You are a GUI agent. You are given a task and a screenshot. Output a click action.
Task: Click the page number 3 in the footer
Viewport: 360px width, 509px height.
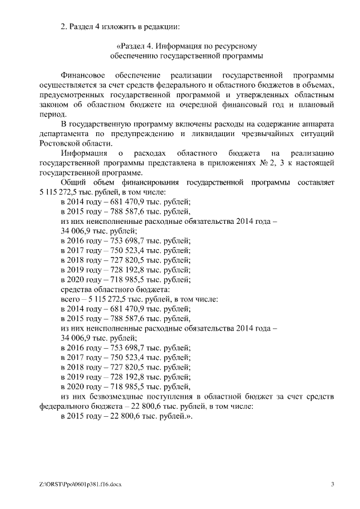click(x=332, y=484)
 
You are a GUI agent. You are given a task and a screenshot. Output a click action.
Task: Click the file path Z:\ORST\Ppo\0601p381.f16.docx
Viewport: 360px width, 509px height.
click(x=80, y=484)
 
